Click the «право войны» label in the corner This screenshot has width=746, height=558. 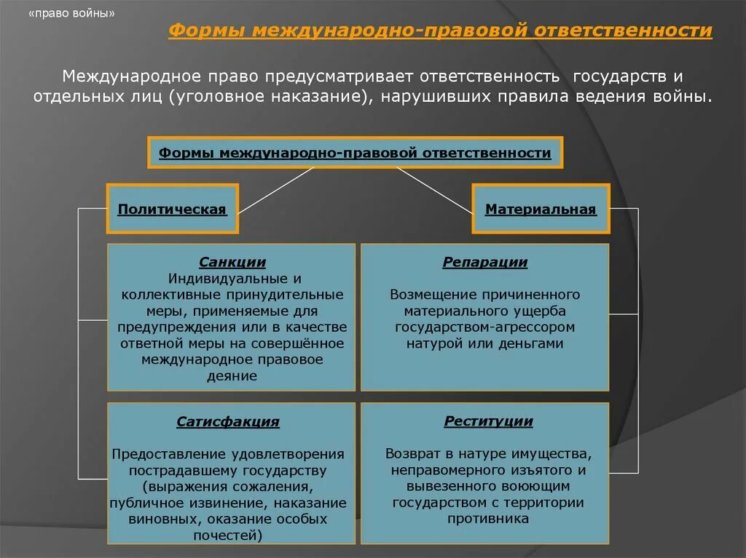click(71, 14)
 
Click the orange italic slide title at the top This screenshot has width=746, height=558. click(440, 31)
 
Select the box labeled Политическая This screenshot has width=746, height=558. click(172, 210)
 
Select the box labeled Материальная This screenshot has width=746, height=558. click(541, 210)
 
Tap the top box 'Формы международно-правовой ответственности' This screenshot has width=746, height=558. click(355, 153)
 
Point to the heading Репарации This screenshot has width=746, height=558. click(485, 263)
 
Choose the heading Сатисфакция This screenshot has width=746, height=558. click(228, 422)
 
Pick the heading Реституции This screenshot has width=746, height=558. click(488, 421)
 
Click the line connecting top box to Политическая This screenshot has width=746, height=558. click(277, 189)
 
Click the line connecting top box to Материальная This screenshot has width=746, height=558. click(435, 189)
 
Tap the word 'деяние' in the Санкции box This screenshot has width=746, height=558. click(231, 376)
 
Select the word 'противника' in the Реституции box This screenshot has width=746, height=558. click(488, 519)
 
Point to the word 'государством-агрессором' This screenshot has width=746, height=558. click(485, 327)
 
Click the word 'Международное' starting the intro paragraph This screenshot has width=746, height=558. click(122, 76)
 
